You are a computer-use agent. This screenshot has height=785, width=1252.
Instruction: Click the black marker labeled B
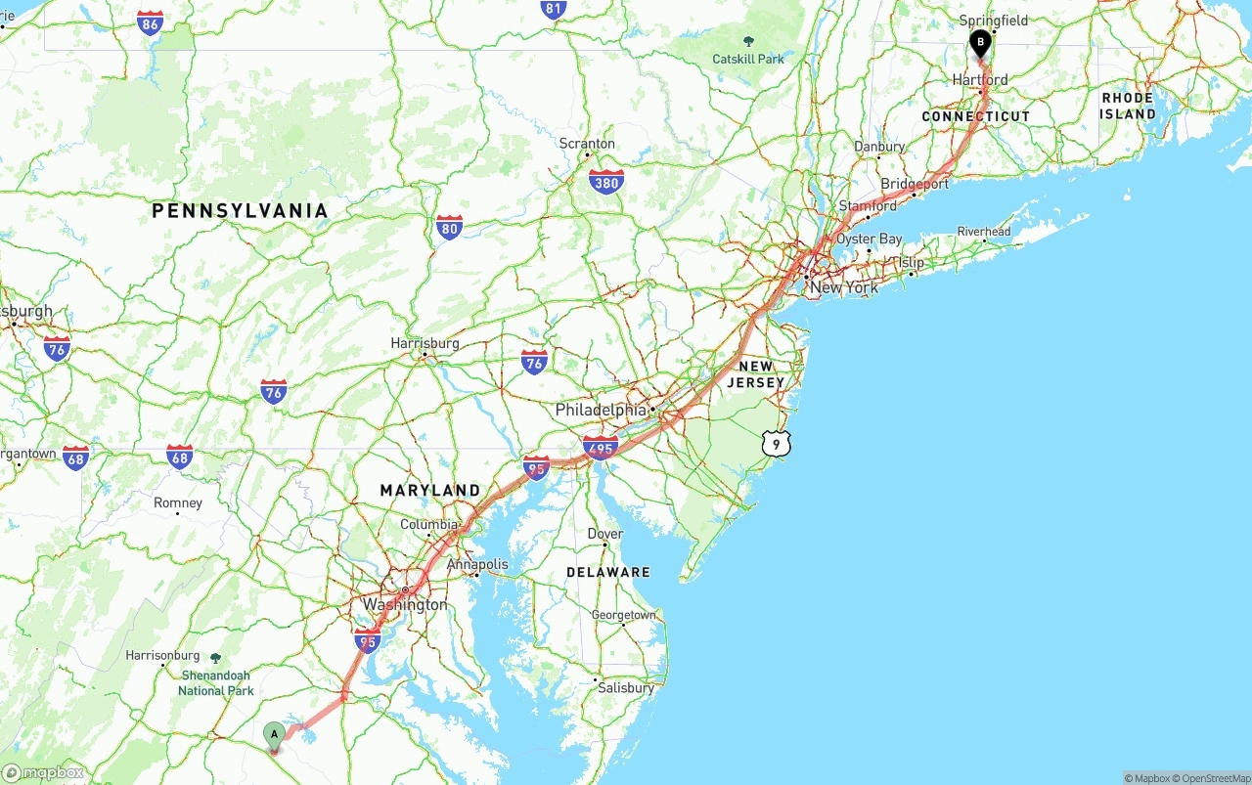(980, 43)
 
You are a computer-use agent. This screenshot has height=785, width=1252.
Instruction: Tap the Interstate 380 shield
(606, 181)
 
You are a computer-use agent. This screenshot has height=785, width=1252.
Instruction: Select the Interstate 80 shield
(449, 228)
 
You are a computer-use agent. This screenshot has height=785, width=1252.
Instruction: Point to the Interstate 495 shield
(600, 447)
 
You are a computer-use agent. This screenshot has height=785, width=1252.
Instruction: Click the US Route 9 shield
(776, 444)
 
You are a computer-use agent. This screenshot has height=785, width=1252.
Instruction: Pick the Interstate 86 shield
(150, 23)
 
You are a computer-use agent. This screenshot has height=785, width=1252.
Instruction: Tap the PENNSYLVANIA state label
(240, 211)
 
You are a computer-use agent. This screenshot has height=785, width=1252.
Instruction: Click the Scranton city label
(587, 144)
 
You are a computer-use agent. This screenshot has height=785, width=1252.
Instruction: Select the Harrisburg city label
(425, 343)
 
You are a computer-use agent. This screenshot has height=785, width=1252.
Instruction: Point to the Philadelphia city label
(601, 410)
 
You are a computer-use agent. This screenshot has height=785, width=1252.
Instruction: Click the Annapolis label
(477, 564)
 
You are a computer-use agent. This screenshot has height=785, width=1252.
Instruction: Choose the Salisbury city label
(626, 687)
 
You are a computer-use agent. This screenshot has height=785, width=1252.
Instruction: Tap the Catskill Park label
(748, 59)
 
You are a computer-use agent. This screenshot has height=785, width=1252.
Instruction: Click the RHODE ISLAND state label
(1128, 106)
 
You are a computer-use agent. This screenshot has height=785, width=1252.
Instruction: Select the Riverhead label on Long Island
(984, 232)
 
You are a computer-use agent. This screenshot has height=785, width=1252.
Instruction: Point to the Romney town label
(178, 502)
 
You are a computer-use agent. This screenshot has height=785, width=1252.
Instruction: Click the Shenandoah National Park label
(215, 682)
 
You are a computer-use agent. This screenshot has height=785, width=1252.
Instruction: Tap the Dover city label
(605, 534)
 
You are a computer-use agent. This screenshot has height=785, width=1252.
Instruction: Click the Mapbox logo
(43, 772)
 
